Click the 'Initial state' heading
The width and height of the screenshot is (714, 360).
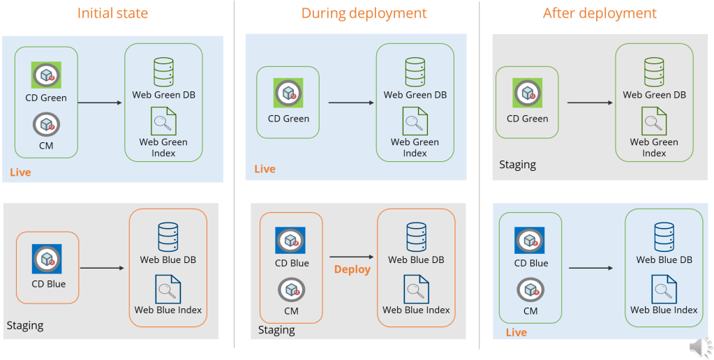pos(112,13)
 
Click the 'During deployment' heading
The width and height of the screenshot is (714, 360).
pos(364,13)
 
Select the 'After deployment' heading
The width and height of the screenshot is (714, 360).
pos(600,13)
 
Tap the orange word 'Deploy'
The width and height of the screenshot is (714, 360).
pos(352,269)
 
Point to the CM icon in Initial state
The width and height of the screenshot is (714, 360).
pos(46,126)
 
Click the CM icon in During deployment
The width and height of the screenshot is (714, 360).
pos(290,290)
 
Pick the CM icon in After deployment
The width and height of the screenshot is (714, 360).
pos(530,290)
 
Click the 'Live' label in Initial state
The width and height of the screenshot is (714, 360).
pos(20,172)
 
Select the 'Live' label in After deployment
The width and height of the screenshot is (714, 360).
pos(516,332)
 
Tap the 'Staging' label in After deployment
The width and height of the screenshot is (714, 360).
pos(517,165)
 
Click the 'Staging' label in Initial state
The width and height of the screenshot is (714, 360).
pos(25,325)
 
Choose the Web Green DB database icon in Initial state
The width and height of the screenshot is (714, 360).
pos(163,73)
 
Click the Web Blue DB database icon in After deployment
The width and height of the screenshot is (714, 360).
pos(664,237)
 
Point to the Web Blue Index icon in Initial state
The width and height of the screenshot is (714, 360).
pos(168,289)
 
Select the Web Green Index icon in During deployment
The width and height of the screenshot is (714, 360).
pos(415,121)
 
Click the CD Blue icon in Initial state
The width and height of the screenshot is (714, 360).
pos(47,259)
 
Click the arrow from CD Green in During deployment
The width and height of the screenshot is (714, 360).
pos(350,103)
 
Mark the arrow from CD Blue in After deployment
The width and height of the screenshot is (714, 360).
pos(590,267)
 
